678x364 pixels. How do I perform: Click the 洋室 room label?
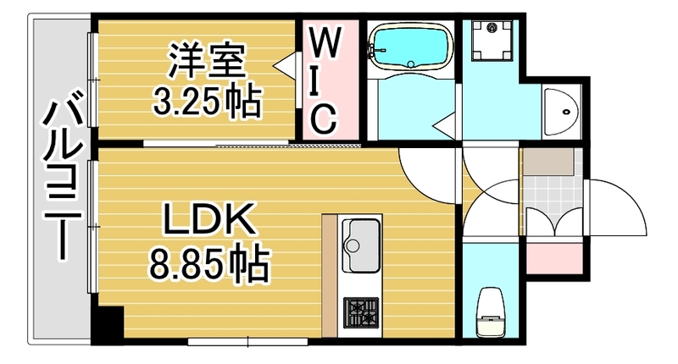207,62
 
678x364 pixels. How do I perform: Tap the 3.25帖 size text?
207,102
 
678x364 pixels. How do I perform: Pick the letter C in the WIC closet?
325,119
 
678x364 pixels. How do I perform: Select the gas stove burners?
360,316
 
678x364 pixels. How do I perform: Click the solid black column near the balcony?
106,327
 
